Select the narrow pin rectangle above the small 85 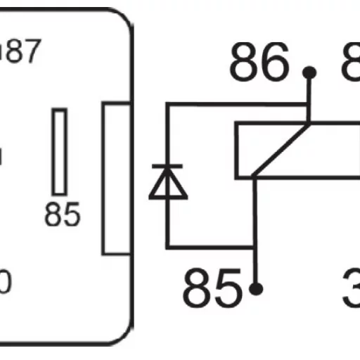click(x=60, y=151)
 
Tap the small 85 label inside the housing click(x=62, y=214)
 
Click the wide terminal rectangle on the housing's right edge click(x=116, y=178)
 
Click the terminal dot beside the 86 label click(x=308, y=73)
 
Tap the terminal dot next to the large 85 click(x=257, y=288)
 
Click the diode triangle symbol click(x=167, y=184)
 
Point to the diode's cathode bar click(x=167, y=167)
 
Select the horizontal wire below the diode click(x=211, y=247)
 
